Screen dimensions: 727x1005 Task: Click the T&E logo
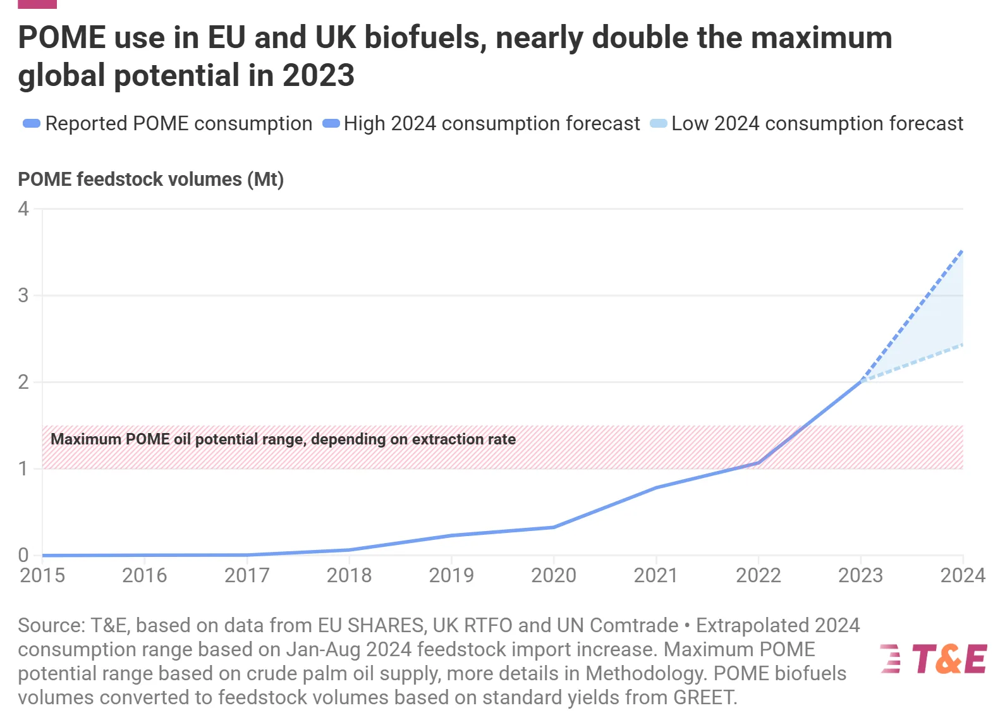pyautogui.click(x=933, y=659)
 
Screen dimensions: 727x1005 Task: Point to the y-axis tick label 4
pyautogui.click(x=24, y=209)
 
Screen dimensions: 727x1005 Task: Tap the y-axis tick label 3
pyautogui.click(x=24, y=295)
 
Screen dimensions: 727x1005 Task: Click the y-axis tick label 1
pyautogui.click(x=24, y=468)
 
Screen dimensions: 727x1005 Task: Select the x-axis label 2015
pyautogui.click(x=42, y=575)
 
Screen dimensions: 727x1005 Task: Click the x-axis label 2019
pyautogui.click(x=451, y=575)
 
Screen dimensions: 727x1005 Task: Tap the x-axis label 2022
pyautogui.click(x=758, y=575)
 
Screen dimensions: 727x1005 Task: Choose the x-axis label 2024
pyautogui.click(x=962, y=575)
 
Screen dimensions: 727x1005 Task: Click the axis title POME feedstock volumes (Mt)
pyautogui.click(x=150, y=180)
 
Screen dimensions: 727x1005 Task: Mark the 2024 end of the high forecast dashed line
pyautogui.click(x=962, y=251)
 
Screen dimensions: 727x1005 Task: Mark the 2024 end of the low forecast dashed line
pyautogui.click(x=962, y=345)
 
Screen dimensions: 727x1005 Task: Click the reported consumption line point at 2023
pyautogui.click(x=860, y=381)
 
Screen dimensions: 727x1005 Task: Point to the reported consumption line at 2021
pyautogui.click(x=656, y=487)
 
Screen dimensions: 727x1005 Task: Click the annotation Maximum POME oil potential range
pyautogui.click(x=283, y=439)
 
